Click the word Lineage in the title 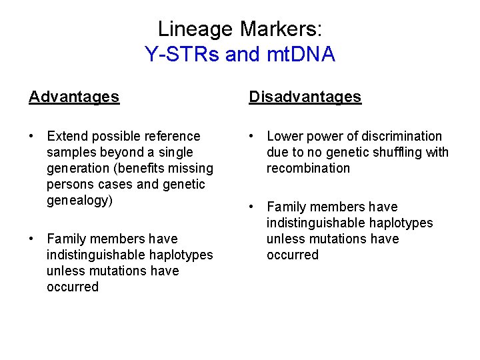[x=196, y=29]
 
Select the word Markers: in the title [x=281, y=29]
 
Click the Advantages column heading [x=74, y=97]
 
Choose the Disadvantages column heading [x=305, y=97]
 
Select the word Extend [x=67, y=136]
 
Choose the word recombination [x=308, y=168]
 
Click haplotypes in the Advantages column [x=180, y=255]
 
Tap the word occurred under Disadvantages [x=293, y=255]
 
